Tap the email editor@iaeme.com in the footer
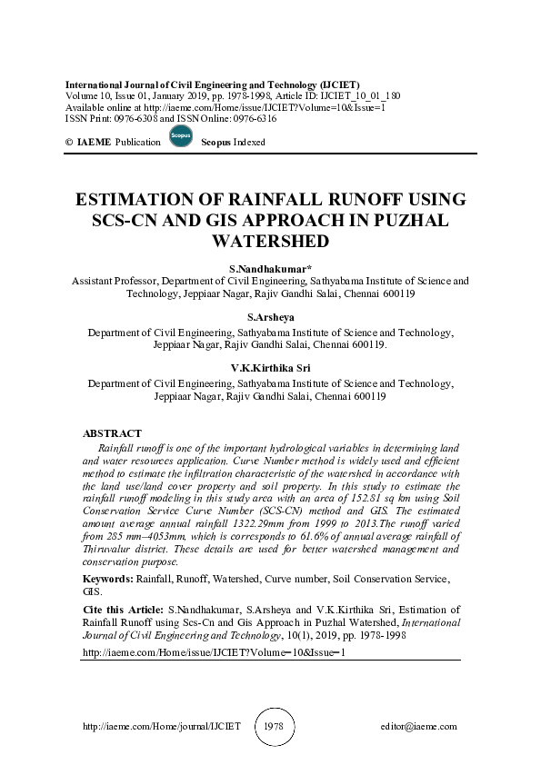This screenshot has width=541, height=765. (x=418, y=727)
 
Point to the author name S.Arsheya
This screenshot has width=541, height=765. (x=271, y=318)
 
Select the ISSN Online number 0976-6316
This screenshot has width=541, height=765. (x=251, y=118)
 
